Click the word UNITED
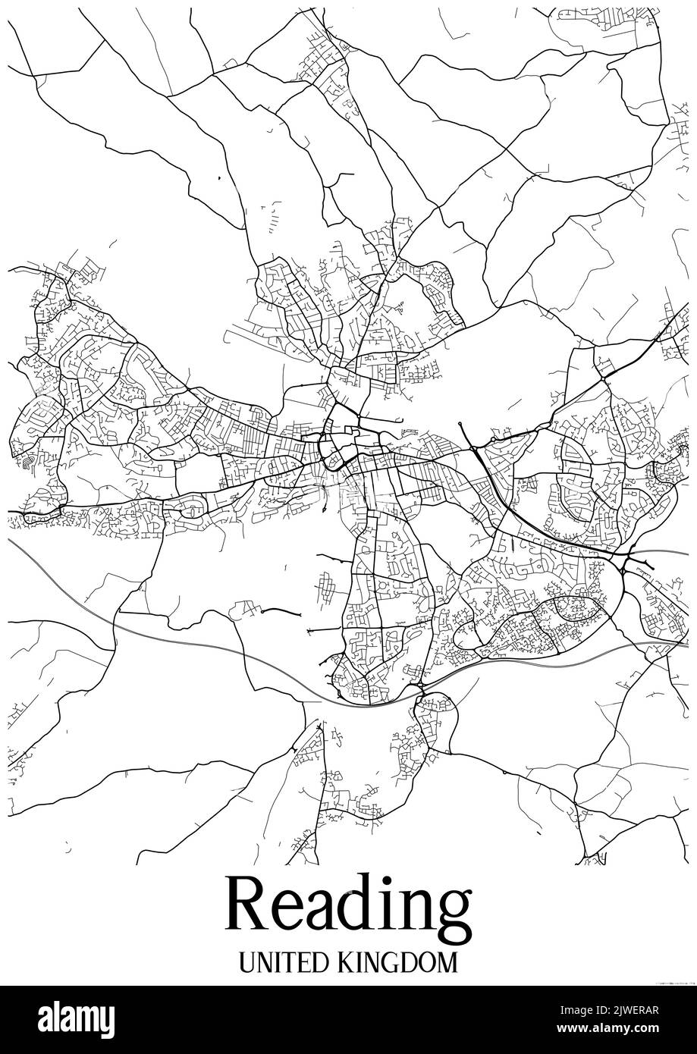click(x=280, y=963)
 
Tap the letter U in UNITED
click(x=247, y=963)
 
